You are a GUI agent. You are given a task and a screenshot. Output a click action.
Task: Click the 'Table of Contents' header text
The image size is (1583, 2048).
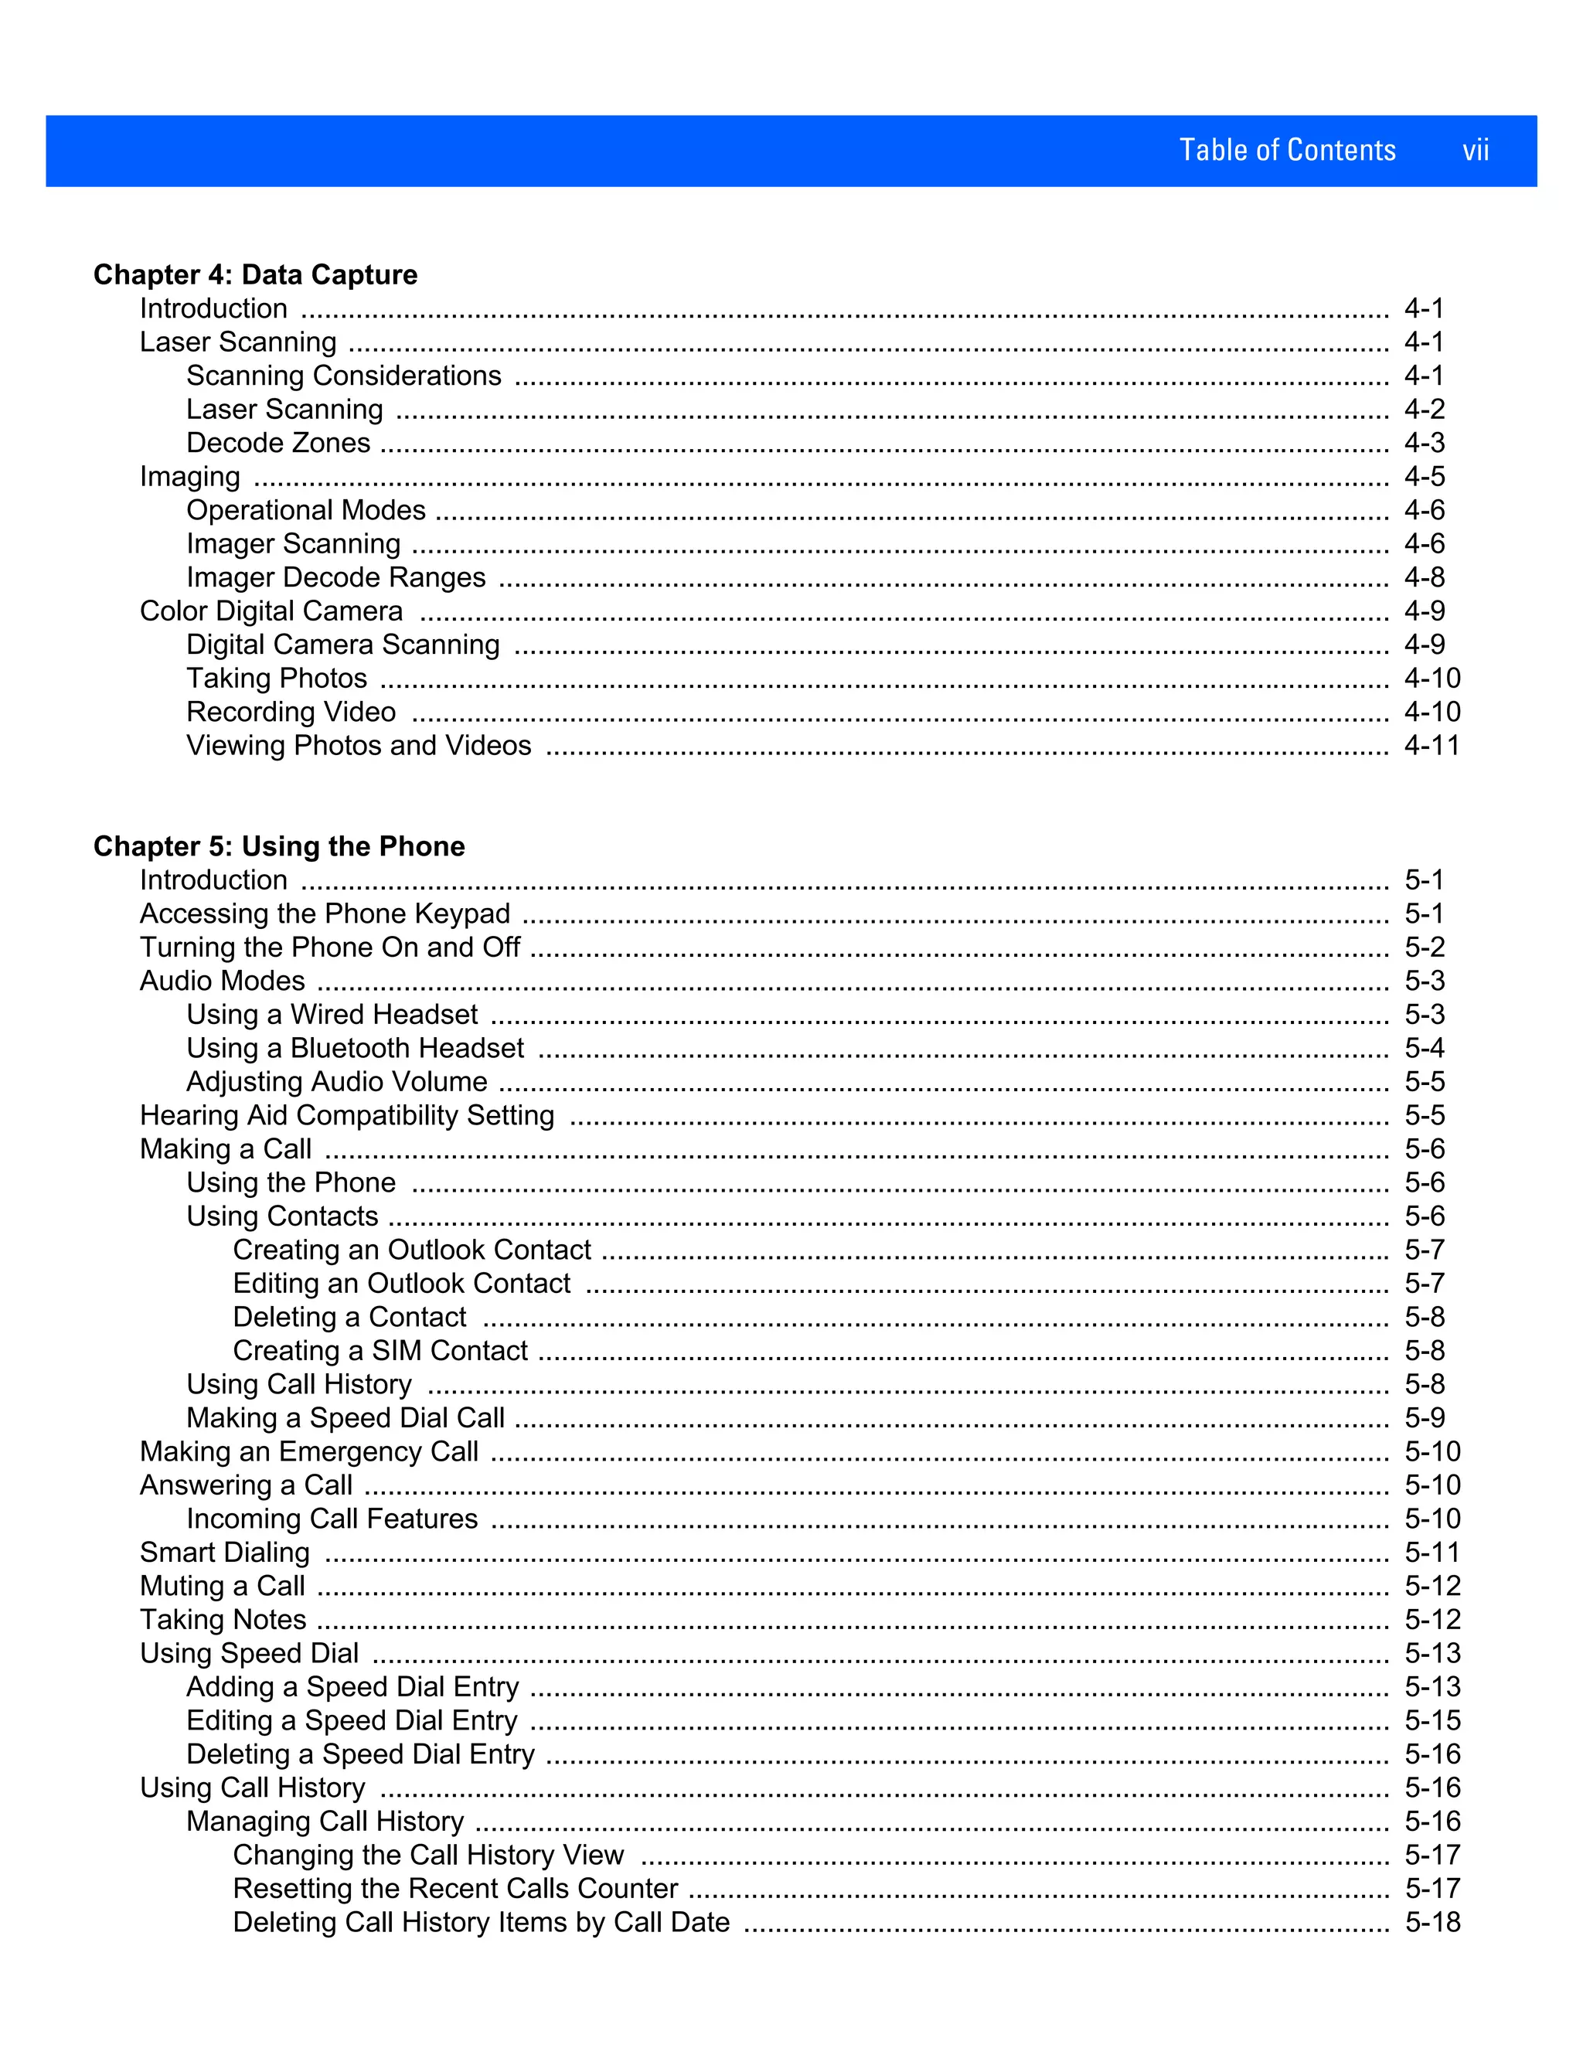tap(1287, 151)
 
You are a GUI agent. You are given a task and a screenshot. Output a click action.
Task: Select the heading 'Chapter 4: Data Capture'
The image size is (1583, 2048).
tap(255, 275)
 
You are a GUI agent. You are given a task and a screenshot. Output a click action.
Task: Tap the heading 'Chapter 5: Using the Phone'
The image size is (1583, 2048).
tap(278, 847)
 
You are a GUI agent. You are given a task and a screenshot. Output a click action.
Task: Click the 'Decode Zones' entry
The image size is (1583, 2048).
tap(277, 443)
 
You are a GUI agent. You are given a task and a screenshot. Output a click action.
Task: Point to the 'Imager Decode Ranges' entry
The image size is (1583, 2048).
tap(335, 577)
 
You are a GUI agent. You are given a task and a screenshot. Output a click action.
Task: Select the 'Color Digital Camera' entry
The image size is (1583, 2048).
tap(271, 611)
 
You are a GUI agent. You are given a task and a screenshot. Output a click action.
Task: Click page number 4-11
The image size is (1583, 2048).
tap(1431, 746)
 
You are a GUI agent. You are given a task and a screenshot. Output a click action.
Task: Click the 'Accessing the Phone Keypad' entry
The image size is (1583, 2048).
tap(325, 913)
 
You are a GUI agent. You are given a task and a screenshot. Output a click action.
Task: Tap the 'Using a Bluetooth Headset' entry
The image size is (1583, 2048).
tap(355, 1049)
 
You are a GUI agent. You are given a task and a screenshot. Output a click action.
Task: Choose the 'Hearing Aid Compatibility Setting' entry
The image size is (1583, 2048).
tap(347, 1116)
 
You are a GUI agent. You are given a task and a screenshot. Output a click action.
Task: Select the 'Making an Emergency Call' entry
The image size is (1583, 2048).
tap(308, 1451)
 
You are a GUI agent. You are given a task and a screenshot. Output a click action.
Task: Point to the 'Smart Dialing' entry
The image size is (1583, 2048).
tap(224, 1553)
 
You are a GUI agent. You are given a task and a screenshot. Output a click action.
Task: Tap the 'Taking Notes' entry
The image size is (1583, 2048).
tap(223, 1621)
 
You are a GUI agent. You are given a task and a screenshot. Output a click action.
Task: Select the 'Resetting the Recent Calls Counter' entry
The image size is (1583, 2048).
tap(454, 1889)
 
